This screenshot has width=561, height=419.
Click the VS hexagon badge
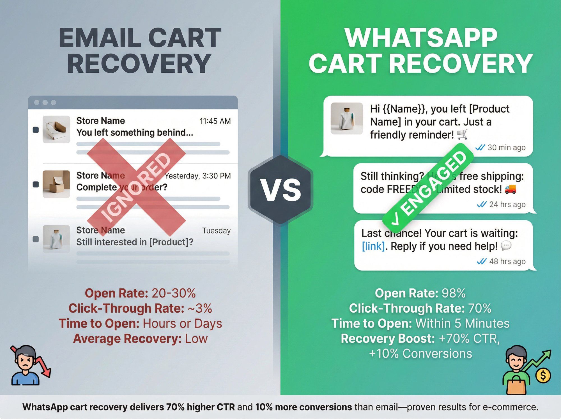(281, 190)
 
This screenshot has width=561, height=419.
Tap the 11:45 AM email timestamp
(215, 121)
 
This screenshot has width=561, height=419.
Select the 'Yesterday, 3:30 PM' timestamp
(198, 176)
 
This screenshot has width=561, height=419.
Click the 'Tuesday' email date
(216, 231)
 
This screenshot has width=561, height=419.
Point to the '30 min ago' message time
(506, 148)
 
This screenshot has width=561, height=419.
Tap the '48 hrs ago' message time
(507, 262)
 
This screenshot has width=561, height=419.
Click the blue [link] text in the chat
(373, 246)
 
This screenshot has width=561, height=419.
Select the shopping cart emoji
(462, 135)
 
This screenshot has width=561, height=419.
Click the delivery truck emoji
(510, 189)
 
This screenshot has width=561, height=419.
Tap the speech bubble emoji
(506, 246)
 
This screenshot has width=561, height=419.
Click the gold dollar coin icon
(543, 376)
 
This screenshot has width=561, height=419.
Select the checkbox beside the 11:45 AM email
(36, 130)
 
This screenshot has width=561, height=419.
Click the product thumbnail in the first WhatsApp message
(347, 118)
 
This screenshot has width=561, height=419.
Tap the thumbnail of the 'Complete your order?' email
(56, 184)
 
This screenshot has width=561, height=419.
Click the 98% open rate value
(454, 293)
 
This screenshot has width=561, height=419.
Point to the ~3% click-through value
(200, 308)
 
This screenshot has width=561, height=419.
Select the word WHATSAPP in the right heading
(421, 38)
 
